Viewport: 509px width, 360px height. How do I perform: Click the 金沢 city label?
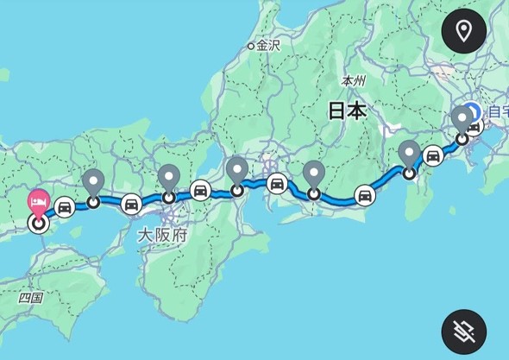point(269,46)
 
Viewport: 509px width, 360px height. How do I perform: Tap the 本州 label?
point(354,80)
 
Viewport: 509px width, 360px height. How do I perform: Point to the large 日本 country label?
point(347,111)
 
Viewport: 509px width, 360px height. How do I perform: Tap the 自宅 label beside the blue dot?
point(497,111)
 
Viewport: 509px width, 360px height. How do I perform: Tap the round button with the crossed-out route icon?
point(464,332)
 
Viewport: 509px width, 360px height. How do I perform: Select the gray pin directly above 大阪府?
point(169,178)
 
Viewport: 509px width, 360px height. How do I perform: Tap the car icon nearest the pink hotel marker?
point(65,208)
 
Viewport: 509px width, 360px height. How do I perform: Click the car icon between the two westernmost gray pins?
point(131,204)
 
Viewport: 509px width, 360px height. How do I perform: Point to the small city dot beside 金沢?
point(251,46)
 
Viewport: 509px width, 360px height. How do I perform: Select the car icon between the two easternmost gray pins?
point(433,155)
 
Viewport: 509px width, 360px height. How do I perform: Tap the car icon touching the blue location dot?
point(474,127)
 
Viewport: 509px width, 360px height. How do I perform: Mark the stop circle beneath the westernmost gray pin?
point(93,202)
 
